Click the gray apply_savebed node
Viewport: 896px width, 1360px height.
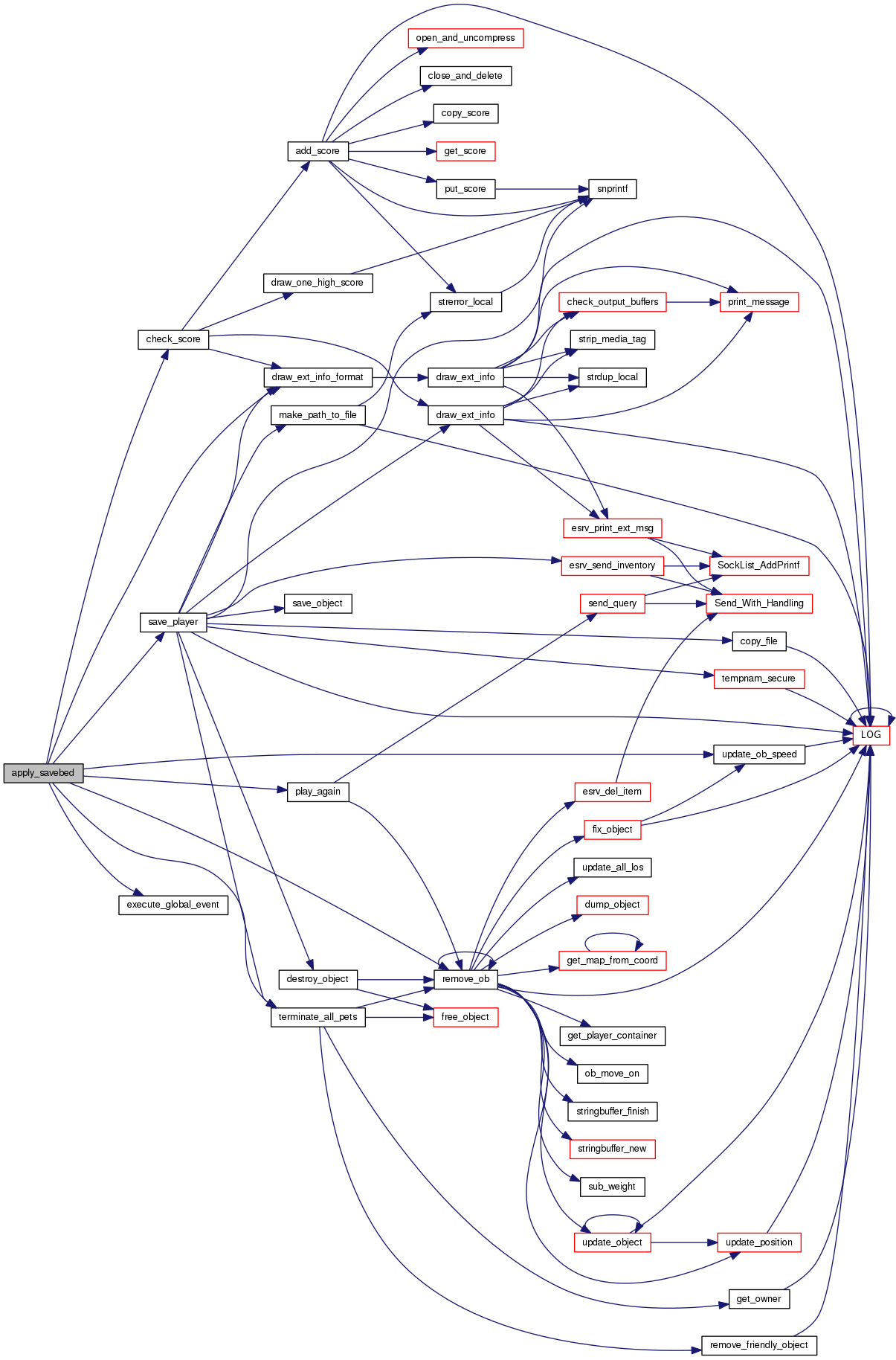(43, 773)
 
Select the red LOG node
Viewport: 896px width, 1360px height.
(871, 734)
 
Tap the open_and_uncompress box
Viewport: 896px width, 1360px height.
(465, 38)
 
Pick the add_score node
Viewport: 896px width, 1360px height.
(318, 151)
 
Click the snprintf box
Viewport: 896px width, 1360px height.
(612, 189)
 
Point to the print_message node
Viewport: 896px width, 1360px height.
(758, 302)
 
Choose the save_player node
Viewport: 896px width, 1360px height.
(173, 622)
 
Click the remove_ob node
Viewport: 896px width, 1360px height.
(465, 979)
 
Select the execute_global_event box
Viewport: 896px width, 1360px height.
(173, 905)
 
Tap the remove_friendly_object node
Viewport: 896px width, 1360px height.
(758, 1345)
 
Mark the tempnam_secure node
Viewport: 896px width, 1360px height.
(758, 679)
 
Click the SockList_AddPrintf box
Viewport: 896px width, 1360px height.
(758, 565)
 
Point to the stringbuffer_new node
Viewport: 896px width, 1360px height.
(612, 1149)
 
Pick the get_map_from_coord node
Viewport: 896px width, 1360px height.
(612, 960)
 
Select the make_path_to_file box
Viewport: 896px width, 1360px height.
(318, 415)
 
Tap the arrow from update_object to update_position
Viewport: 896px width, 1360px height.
(684, 1242)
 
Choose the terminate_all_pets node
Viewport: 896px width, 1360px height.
(318, 1017)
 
